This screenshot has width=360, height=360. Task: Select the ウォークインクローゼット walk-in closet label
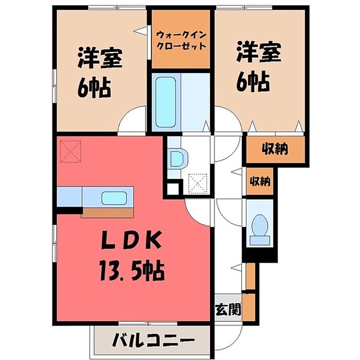point(181,40)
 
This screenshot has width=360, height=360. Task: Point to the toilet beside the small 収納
point(260,228)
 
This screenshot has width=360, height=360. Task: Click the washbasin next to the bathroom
point(177,158)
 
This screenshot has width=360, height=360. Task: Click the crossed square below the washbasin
point(197,183)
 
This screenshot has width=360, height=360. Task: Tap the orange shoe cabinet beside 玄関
point(249,306)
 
